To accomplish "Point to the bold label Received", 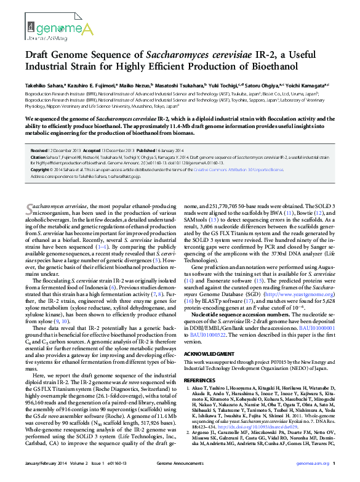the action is point(39,150).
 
